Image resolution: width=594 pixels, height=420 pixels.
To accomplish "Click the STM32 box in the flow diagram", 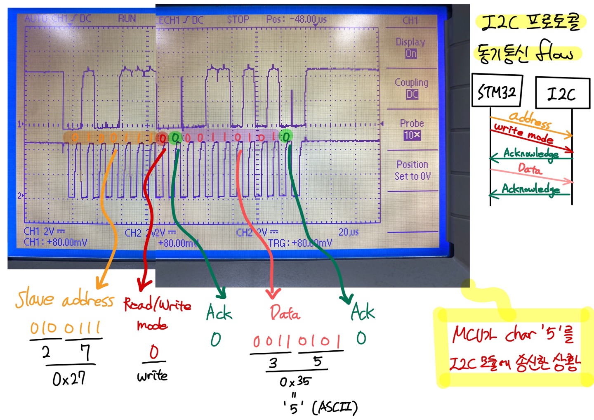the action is pyautogui.click(x=497, y=91).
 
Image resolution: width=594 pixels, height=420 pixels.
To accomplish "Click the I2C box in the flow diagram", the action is pyautogui.click(x=562, y=93).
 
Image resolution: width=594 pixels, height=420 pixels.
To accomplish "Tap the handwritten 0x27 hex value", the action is pyautogui.click(x=69, y=378).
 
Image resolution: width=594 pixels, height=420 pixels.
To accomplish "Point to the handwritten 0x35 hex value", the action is pyautogui.click(x=295, y=381).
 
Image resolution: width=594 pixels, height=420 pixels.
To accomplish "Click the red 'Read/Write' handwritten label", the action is pyautogui.click(x=157, y=305).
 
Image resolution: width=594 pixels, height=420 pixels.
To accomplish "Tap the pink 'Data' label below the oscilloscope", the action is pyautogui.click(x=285, y=313).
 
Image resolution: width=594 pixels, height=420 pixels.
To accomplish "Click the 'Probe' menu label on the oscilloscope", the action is pyautogui.click(x=412, y=123).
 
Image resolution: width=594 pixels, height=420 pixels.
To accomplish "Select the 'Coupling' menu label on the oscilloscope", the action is pyautogui.click(x=411, y=83).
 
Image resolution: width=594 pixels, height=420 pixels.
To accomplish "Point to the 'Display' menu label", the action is pyautogui.click(x=410, y=42).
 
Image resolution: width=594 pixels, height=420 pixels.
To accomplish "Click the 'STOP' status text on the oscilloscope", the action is pyautogui.click(x=238, y=20).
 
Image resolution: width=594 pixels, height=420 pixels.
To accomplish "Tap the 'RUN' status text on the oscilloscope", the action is pyautogui.click(x=127, y=19).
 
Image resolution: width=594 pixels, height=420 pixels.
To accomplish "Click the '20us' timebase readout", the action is pyautogui.click(x=349, y=232).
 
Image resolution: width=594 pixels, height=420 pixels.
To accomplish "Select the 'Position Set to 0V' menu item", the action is pyautogui.click(x=412, y=170).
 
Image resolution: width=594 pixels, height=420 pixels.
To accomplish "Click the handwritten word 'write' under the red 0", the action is pyautogui.click(x=152, y=376).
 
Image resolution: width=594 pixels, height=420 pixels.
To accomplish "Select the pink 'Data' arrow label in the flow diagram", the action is pyautogui.click(x=530, y=169).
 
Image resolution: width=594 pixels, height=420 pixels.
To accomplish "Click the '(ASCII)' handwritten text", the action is pyautogui.click(x=335, y=408).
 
